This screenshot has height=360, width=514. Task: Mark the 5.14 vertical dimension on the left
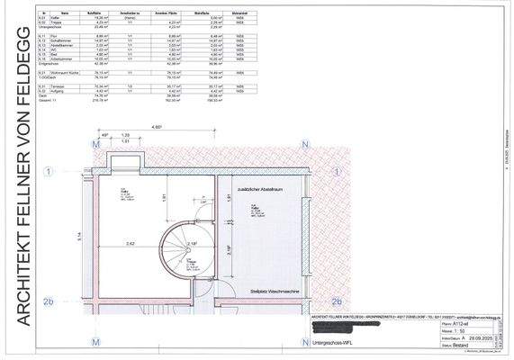(x=79, y=236)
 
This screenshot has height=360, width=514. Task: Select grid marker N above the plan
(x=305, y=144)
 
